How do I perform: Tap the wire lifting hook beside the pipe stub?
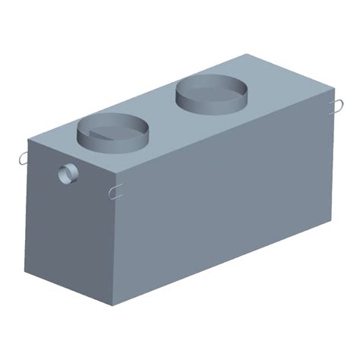(x=21, y=159)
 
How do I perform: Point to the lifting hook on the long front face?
(x=115, y=191)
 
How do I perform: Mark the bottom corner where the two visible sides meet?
(x=113, y=305)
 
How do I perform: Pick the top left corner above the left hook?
(x=28, y=142)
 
